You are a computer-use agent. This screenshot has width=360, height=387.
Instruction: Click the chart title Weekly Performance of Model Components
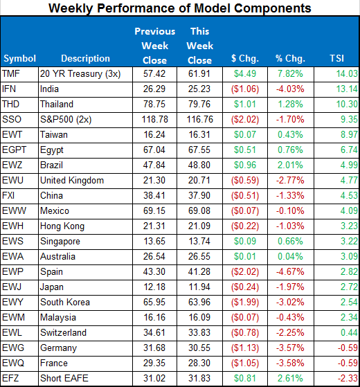(180, 8)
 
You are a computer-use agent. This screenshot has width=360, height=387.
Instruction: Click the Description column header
(85, 58)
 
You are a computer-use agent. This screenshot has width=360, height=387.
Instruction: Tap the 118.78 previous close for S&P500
(156, 119)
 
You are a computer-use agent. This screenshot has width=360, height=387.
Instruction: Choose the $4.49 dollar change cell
(245, 73)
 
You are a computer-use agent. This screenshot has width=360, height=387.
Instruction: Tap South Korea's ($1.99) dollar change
(243, 302)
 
